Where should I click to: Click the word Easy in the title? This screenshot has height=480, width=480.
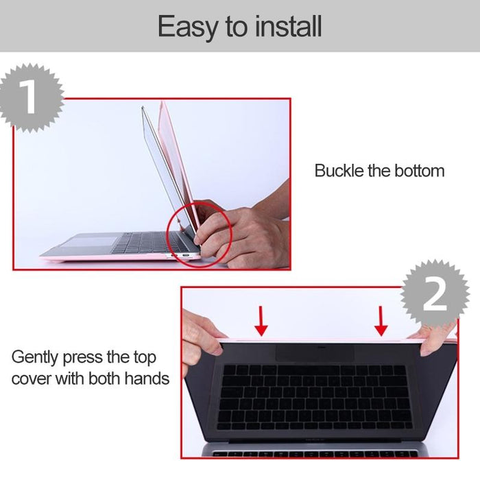point(184,27)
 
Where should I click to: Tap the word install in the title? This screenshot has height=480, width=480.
point(288,27)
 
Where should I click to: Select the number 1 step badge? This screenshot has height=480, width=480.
point(29,97)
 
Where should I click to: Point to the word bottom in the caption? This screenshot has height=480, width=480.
point(418,171)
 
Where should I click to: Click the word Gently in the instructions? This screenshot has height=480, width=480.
point(36,358)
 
